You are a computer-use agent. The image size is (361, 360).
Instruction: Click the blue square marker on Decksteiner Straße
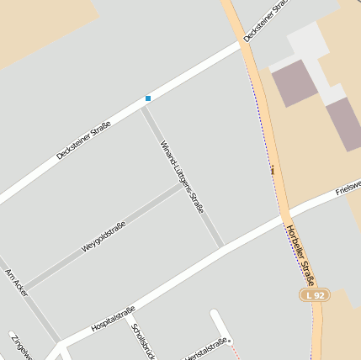pos(148,98)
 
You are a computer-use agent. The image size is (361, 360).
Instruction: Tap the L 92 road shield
pos(315,295)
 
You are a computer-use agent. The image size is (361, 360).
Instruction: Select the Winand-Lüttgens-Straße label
pos(183,176)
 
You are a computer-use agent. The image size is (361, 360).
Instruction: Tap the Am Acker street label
pos(16,283)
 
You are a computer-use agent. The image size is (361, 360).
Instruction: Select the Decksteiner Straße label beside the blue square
pos(83,140)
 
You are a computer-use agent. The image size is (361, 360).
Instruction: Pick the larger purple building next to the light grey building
pos(295,82)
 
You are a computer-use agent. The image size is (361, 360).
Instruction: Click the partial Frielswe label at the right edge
pos(348,186)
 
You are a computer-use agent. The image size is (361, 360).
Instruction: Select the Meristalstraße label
pos(205,349)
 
